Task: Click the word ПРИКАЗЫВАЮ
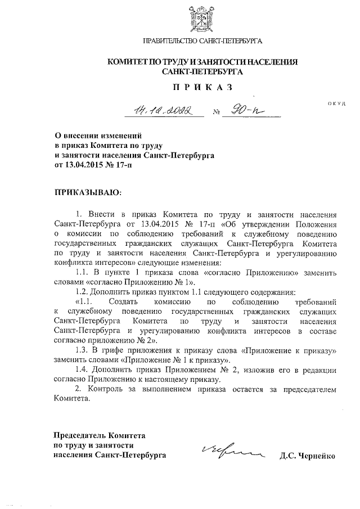pos(87,192)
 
